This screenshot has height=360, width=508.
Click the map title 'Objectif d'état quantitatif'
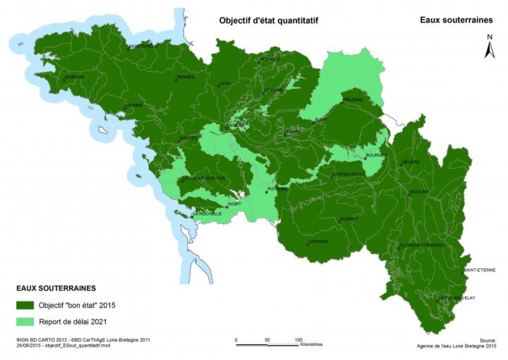coord(268,21)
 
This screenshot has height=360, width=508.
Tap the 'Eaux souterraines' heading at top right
coord(456,20)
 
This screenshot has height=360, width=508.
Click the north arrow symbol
coord(490,47)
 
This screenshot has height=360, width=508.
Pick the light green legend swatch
coord(25,322)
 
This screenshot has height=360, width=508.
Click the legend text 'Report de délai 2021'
coord(73,322)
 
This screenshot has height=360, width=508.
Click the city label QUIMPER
coord(74,77)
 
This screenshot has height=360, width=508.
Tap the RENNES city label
coord(185,77)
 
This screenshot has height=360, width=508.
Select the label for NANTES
coord(189,138)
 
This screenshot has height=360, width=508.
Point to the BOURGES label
coord(376,155)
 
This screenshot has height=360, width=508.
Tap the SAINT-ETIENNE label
coord(480,270)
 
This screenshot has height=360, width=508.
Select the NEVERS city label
coord(411,162)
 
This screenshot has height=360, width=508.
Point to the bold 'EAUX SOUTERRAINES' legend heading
coord(56,289)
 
